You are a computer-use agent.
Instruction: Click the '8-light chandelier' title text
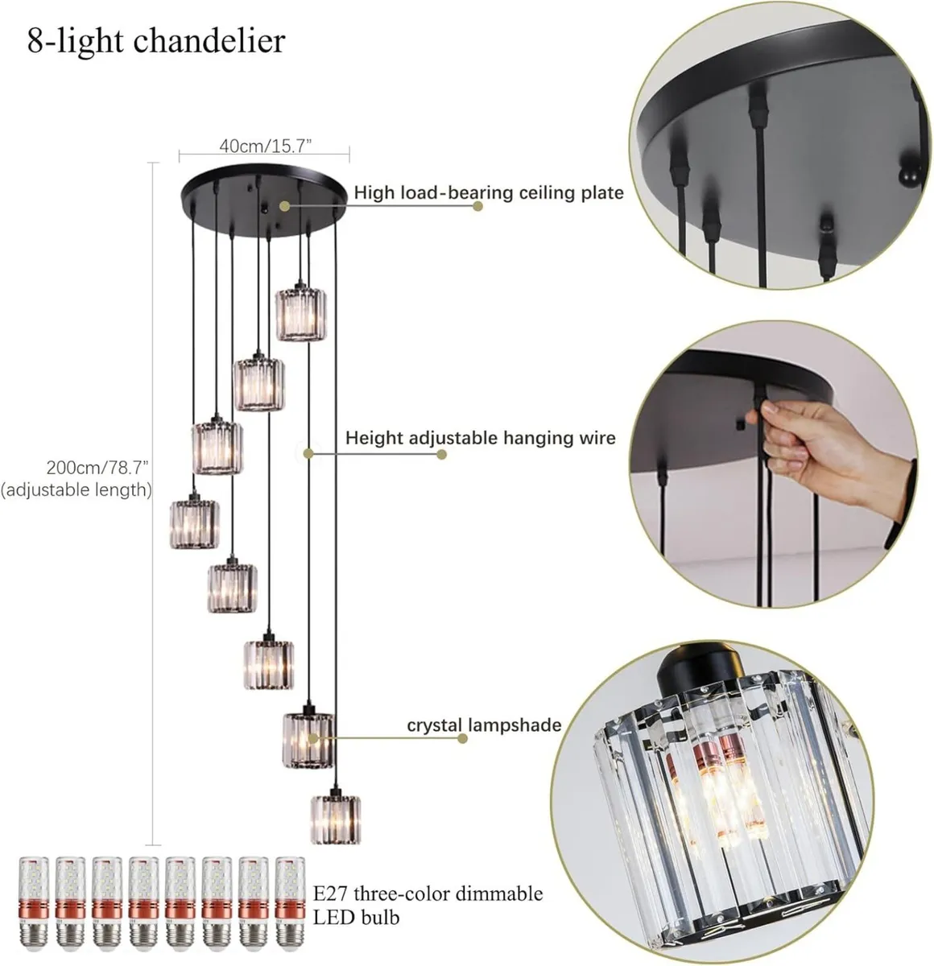coord(156,41)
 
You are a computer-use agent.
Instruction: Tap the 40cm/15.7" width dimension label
coord(265,145)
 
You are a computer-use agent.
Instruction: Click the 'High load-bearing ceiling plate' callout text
coord(489,193)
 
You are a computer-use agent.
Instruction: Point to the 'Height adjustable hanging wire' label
coord(480,439)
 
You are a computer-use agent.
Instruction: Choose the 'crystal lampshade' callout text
coord(483,725)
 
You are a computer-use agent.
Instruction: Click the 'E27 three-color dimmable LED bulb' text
coord(428,905)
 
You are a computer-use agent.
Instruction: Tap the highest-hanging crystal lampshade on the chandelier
coord(300,315)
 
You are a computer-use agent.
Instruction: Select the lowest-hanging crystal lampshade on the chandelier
coord(335,819)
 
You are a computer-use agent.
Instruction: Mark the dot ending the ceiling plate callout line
coord(477,206)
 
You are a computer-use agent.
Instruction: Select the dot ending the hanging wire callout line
coord(441,454)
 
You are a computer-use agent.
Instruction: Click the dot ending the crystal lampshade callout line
coord(462,738)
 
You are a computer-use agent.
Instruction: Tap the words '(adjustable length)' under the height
coord(76,489)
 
